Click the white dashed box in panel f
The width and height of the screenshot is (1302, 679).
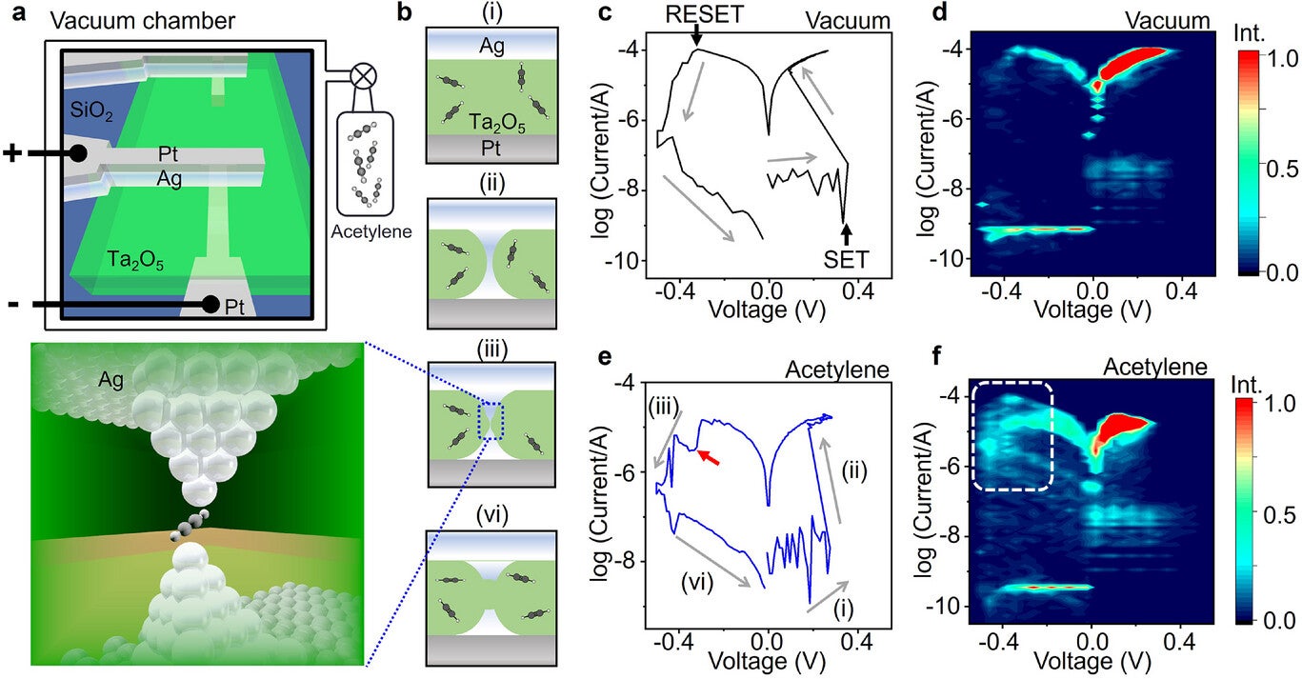tap(1013, 436)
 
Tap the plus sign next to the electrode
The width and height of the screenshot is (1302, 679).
tap(13, 152)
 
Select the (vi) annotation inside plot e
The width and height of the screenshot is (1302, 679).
tap(703, 576)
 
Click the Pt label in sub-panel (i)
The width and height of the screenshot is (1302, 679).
tap(491, 146)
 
